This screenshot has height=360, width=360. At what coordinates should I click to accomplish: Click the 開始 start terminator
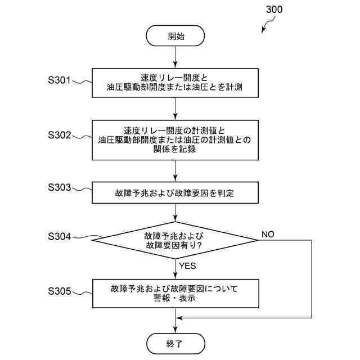175,37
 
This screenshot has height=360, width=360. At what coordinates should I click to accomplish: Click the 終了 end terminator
175,342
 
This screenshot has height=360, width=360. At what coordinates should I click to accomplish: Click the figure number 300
272,10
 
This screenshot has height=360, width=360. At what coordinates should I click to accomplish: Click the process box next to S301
175,83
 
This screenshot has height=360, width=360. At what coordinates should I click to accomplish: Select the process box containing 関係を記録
175,139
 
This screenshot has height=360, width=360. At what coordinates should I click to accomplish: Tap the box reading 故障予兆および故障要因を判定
175,193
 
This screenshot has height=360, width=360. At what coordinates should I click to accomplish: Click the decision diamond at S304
175,240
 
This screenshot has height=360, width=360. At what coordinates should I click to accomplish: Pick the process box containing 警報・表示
175,294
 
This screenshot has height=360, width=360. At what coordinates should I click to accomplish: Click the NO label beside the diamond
268,234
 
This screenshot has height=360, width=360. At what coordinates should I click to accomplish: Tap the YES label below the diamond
187,265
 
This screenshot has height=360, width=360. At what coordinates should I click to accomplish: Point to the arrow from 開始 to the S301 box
175,58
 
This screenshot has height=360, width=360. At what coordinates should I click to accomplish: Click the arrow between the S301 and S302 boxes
175,108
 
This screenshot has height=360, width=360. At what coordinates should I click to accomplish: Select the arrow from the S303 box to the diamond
175,212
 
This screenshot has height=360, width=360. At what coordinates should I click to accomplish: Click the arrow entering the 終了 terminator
175,325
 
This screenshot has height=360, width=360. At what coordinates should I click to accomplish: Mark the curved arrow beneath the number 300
267,25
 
